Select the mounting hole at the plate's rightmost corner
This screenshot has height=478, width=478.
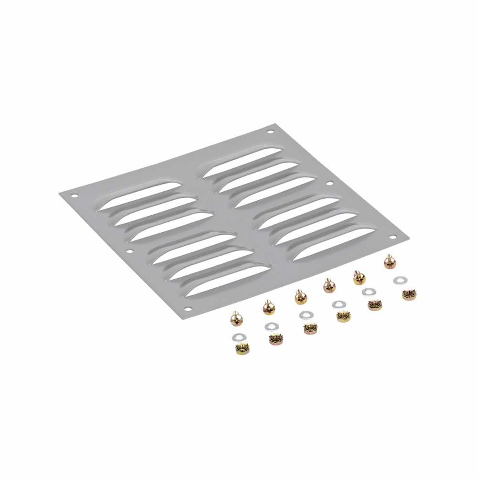(x=392, y=237)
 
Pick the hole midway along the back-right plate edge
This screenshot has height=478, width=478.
(x=329, y=183)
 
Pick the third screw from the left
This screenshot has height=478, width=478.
(x=300, y=297)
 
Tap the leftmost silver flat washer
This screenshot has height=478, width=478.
(x=238, y=337)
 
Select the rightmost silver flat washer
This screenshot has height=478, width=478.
(x=399, y=281)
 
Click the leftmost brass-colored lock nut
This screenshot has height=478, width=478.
(x=242, y=349)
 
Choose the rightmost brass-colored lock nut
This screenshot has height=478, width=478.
(x=409, y=294)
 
